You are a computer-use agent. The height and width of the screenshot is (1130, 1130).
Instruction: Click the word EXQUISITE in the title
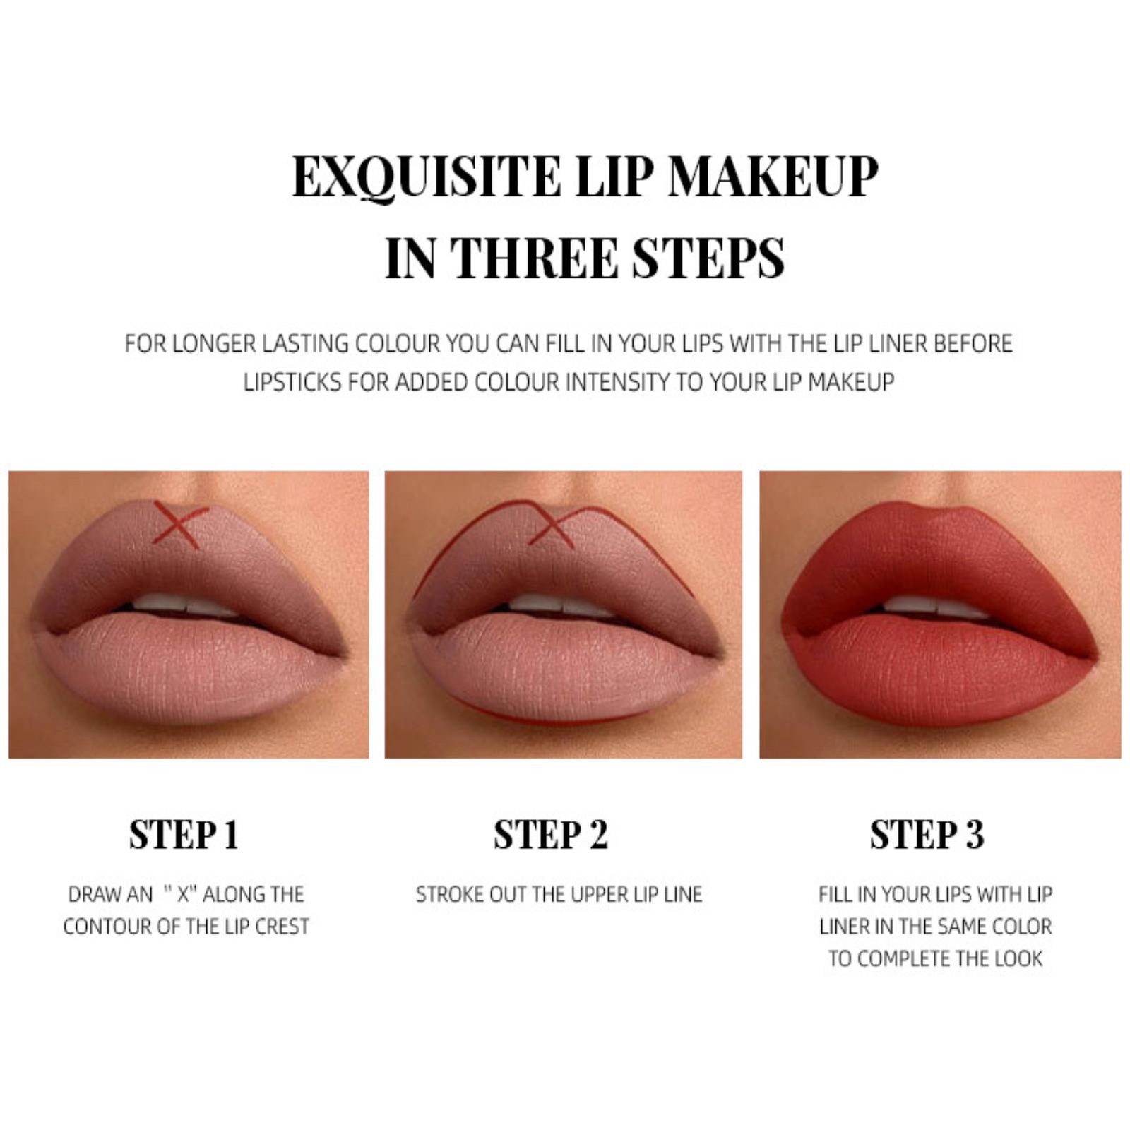click(427, 177)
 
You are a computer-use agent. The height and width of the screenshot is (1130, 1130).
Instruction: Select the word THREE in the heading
click(534, 258)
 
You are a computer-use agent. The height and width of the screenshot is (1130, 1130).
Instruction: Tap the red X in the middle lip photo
click(552, 525)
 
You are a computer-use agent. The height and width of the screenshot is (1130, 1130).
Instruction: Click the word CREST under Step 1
click(282, 926)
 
